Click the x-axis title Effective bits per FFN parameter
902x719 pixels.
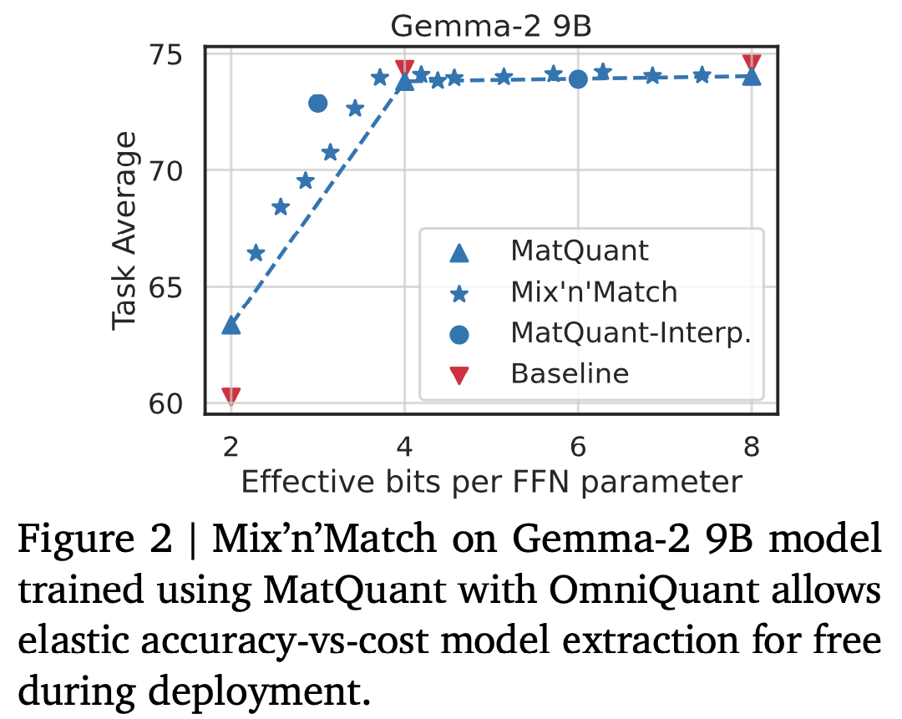[491, 482]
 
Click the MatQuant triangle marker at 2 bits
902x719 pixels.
[231, 325]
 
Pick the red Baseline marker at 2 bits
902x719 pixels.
[231, 396]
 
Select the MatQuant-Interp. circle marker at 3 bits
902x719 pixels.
[317, 104]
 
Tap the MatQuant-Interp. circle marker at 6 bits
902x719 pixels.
[578, 78]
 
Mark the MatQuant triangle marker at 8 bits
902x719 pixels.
[752, 77]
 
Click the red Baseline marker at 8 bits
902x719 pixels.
[752, 63]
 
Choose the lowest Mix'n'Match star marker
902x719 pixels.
[256, 253]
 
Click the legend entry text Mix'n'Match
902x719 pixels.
[594, 291]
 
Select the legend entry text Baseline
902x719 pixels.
[570, 372]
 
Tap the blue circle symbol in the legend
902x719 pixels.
[459, 333]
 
